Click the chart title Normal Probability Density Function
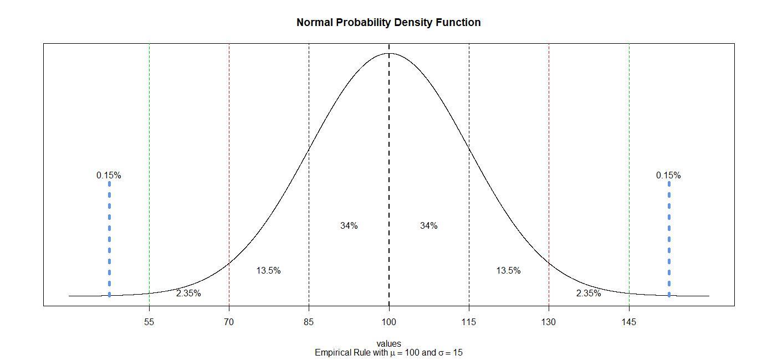pos(388,23)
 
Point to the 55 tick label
pos(149,322)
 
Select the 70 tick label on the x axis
pos(229,322)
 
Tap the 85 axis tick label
pos(309,322)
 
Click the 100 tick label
pos(388,322)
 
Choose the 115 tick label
pos(469,322)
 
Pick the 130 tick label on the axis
pos(549,322)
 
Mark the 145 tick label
pos(628,322)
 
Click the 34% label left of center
pos(349,226)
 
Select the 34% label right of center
pos(429,226)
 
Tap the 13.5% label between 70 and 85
pos(268,271)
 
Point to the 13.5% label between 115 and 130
pos(508,271)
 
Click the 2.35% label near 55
pos(188,294)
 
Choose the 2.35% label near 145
pos(589,294)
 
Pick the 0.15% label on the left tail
pos(109,176)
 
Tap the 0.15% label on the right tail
pos(668,176)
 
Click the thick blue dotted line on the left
pos(109,238)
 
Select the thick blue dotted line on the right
pos(669,238)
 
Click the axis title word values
pos(388,344)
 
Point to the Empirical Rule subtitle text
pos(388,353)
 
